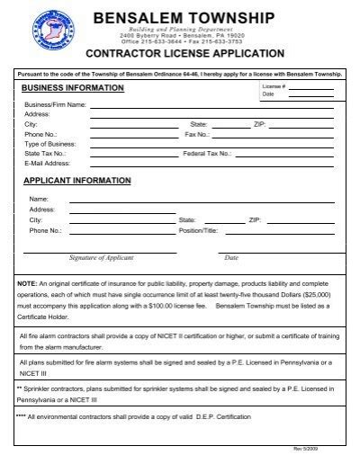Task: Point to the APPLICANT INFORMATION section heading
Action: tap(76, 181)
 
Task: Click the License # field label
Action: tap(274, 86)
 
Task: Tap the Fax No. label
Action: tap(196, 134)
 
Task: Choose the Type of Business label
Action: tap(50, 144)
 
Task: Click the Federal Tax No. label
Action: tap(207, 154)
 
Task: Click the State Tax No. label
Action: tap(45, 154)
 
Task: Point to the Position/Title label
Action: tap(198, 230)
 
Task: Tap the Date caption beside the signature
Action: tap(231, 258)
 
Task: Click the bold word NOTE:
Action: tap(27, 283)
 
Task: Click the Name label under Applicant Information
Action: tap(38, 199)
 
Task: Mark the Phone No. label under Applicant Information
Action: tap(45, 230)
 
